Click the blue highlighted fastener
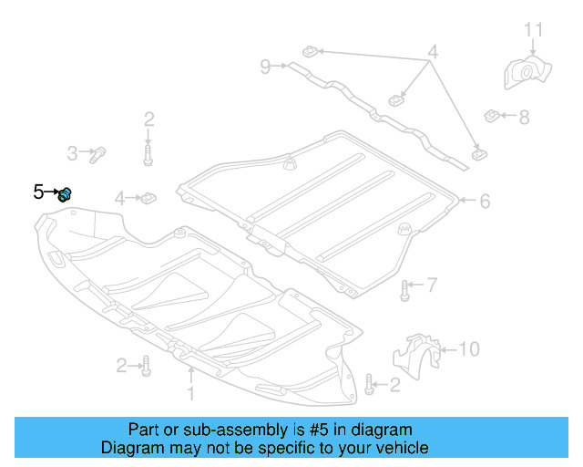tap(66, 193)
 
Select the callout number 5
tap(38, 192)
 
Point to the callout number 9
tap(265, 66)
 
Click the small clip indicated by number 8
tap(492, 116)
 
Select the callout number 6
tap(485, 201)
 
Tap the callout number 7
tap(432, 285)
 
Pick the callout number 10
tap(468, 348)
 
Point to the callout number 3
tap(71, 152)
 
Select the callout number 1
tap(191, 394)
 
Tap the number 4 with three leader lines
tap(433, 53)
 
